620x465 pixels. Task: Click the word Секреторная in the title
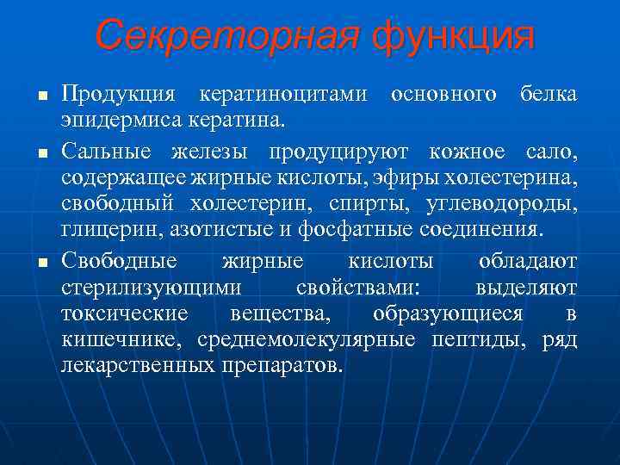point(226,35)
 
